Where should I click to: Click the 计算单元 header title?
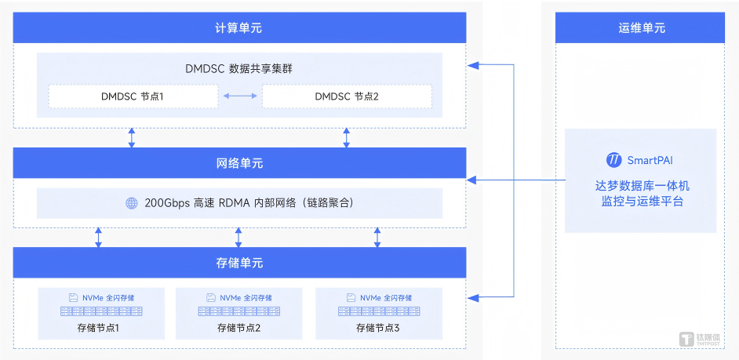239,28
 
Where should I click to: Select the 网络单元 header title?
239,163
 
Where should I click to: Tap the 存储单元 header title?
239,263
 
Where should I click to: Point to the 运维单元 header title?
641,28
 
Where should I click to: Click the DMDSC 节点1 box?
133,96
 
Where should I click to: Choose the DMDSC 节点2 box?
346,96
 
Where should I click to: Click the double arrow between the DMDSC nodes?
239,96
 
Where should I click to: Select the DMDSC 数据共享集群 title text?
239,68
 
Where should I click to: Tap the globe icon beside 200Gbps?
131,203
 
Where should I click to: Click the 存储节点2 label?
238,328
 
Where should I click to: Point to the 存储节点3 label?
378,328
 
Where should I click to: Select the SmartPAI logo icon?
613,160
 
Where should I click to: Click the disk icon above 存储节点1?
73,298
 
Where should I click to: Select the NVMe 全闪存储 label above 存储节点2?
246,298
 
